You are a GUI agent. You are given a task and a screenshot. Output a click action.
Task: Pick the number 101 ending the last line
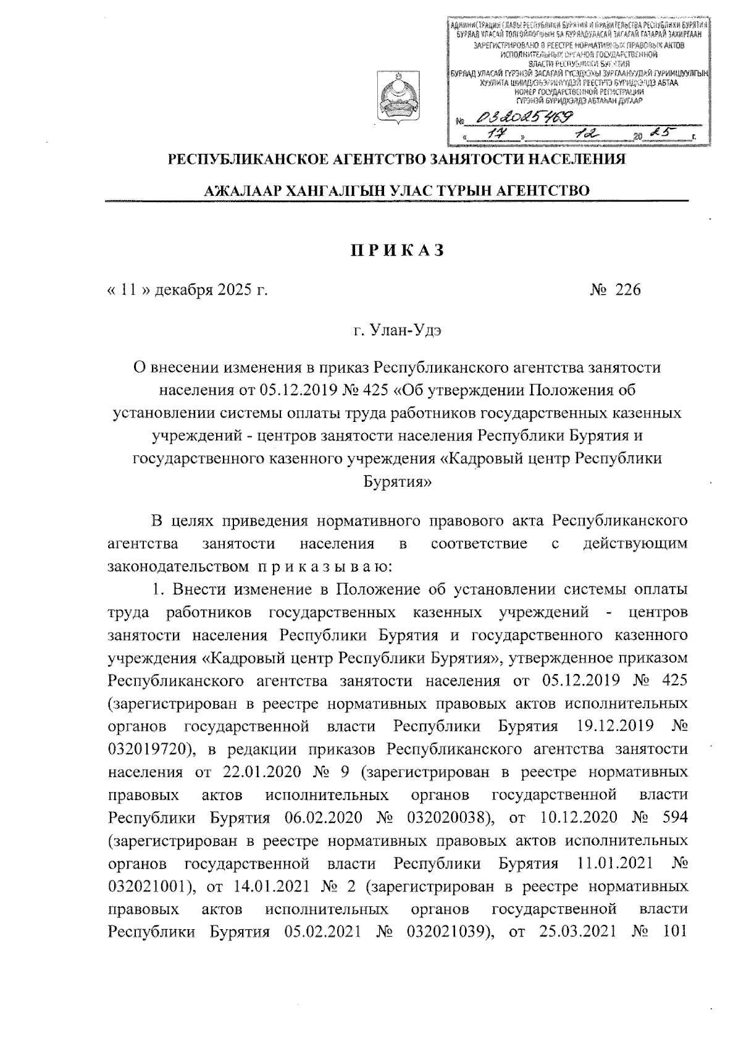[x=674, y=932]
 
